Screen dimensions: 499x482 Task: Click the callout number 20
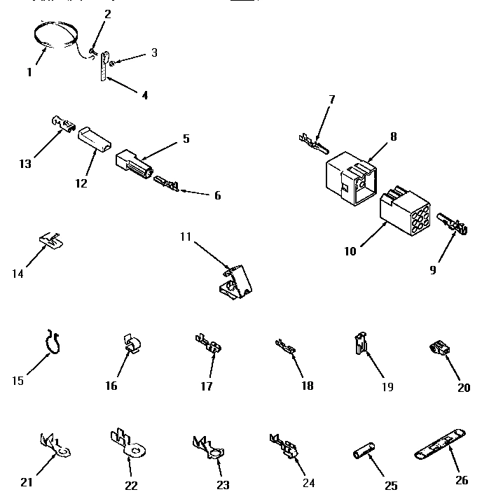pos(463,387)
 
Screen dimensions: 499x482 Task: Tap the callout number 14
pos(18,273)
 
